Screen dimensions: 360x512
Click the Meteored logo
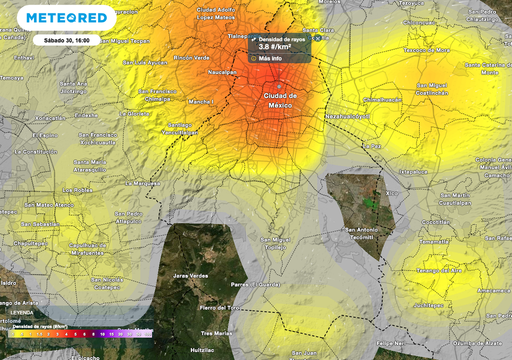pyautogui.click(x=66, y=18)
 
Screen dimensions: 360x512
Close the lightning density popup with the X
pyautogui.click(x=317, y=38)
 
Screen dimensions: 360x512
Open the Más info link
pyautogui.click(x=270, y=58)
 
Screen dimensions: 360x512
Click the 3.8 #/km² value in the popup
pyautogui.click(x=274, y=47)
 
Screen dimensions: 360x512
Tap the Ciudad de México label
pyautogui.click(x=280, y=100)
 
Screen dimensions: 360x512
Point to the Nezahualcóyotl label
pyautogui.click(x=347, y=116)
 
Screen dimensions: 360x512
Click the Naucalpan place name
pyautogui.click(x=222, y=72)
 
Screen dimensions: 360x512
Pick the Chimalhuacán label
pyautogui.click(x=382, y=100)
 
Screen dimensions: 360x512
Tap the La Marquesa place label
pyautogui.click(x=142, y=183)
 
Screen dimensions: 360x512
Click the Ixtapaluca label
pyautogui.click(x=413, y=172)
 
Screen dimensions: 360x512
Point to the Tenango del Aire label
pyautogui.click(x=439, y=271)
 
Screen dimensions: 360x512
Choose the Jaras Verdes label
pyautogui.click(x=190, y=276)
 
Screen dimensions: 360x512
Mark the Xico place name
pyautogui.click(x=391, y=193)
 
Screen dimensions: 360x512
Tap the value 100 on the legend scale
pyautogui.click(x=147, y=334)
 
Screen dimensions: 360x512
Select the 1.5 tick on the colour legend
pyautogui.click(x=39, y=334)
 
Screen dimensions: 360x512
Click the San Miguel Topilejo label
pyautogui.click(x=275, y=244)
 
